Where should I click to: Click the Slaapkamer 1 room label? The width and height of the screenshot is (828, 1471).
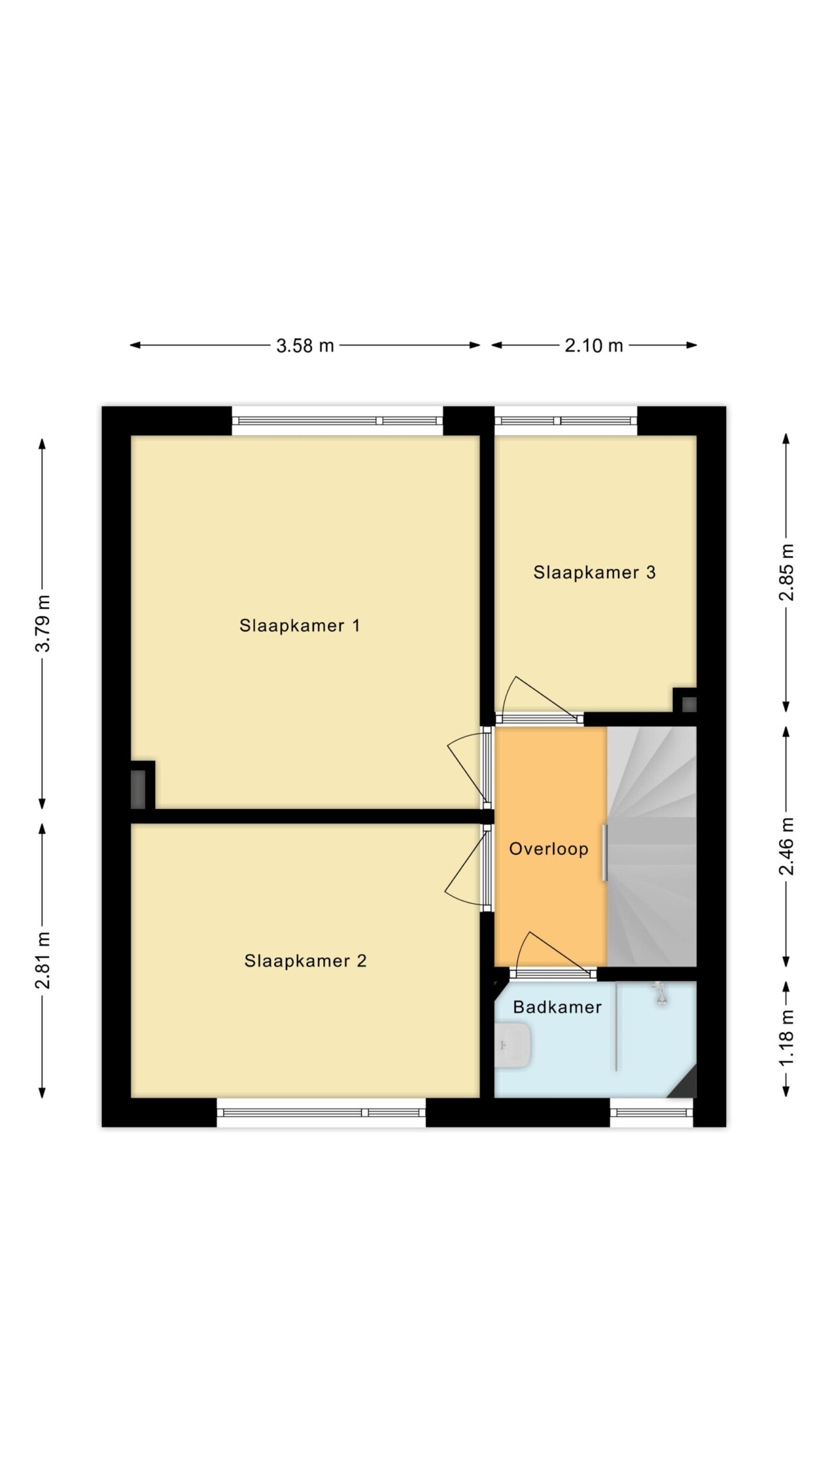(299, 626)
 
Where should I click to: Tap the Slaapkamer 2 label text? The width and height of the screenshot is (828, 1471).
(305, 961)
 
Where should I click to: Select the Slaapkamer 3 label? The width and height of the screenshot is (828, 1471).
(594, 573)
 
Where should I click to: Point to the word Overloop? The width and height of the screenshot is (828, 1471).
(548, 849)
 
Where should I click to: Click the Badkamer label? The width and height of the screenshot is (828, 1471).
(557, 1007)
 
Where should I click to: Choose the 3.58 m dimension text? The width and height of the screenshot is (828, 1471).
(305, 346)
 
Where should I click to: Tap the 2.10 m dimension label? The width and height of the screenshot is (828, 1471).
(594, 346)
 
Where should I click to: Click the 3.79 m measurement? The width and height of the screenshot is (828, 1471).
(43, 624)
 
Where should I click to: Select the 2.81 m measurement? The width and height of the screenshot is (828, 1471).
(43, 960)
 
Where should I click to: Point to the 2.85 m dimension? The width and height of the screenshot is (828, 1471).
(786, 573)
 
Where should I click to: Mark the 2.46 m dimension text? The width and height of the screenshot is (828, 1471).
(786, 847)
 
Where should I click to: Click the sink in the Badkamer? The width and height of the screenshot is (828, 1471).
(513, 1045)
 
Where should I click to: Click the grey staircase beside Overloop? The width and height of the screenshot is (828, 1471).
(652, 846)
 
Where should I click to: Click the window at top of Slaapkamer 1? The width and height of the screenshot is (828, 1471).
(337, 420)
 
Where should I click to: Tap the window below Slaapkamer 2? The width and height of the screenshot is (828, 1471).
(321, 1112)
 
